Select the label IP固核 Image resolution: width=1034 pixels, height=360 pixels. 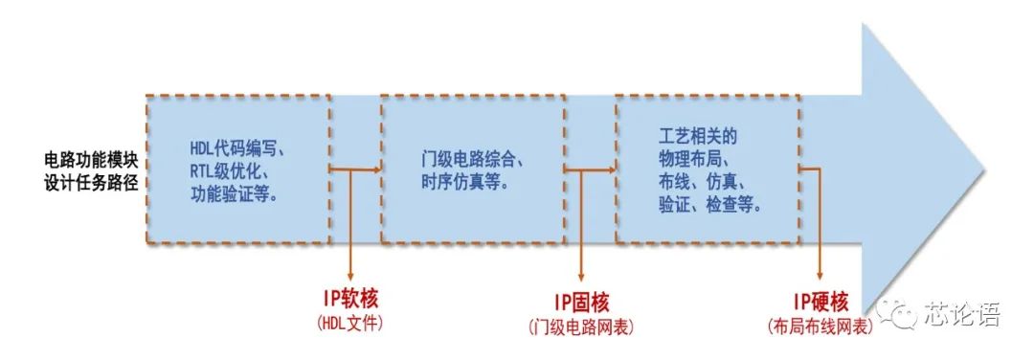coord(582,304)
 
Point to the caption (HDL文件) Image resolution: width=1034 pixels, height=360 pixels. coord(349,322)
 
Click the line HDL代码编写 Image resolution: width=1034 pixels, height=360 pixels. coord(233,149)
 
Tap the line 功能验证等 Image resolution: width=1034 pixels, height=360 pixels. coord(233,195)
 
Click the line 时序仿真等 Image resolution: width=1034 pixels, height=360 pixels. coord(464,182)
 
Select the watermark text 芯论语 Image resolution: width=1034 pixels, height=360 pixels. coord(961,313)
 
